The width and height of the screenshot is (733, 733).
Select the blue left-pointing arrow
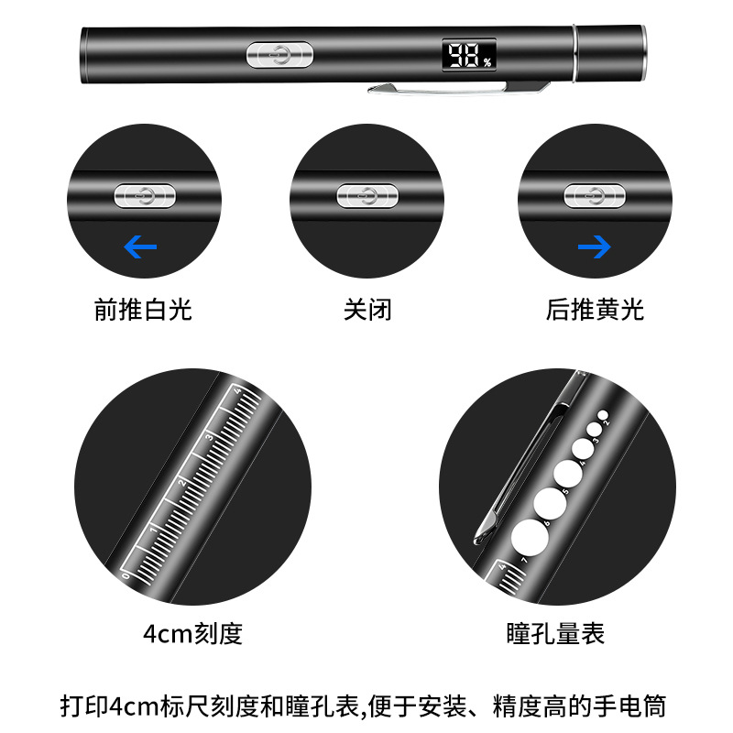pyautogui.click(x=140, y=246)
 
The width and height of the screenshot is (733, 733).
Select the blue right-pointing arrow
pyautogui.click(x=594, y=246)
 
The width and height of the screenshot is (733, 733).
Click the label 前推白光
pyautogui.click(x=143, y=310)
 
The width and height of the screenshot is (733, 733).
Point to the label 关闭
pyautogui.click(x=367, y=310)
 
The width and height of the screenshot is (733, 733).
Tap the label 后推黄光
pyautogui.click(x=595, y=310)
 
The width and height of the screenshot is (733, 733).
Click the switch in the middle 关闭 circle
pyautogui.click(x=366, y=195)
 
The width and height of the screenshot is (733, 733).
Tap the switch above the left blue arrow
pyautogui.click(x=142, y=194)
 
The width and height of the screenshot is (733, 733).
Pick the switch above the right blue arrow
pyautogui.click(x=593, y=194)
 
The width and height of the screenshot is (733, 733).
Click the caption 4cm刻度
pyautogui.click(x=193, y=633)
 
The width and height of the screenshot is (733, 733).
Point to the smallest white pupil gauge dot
pyautogui.click(x=602, y=415)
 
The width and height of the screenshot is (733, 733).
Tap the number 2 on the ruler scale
pyautogui.click(x=181, y=483)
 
